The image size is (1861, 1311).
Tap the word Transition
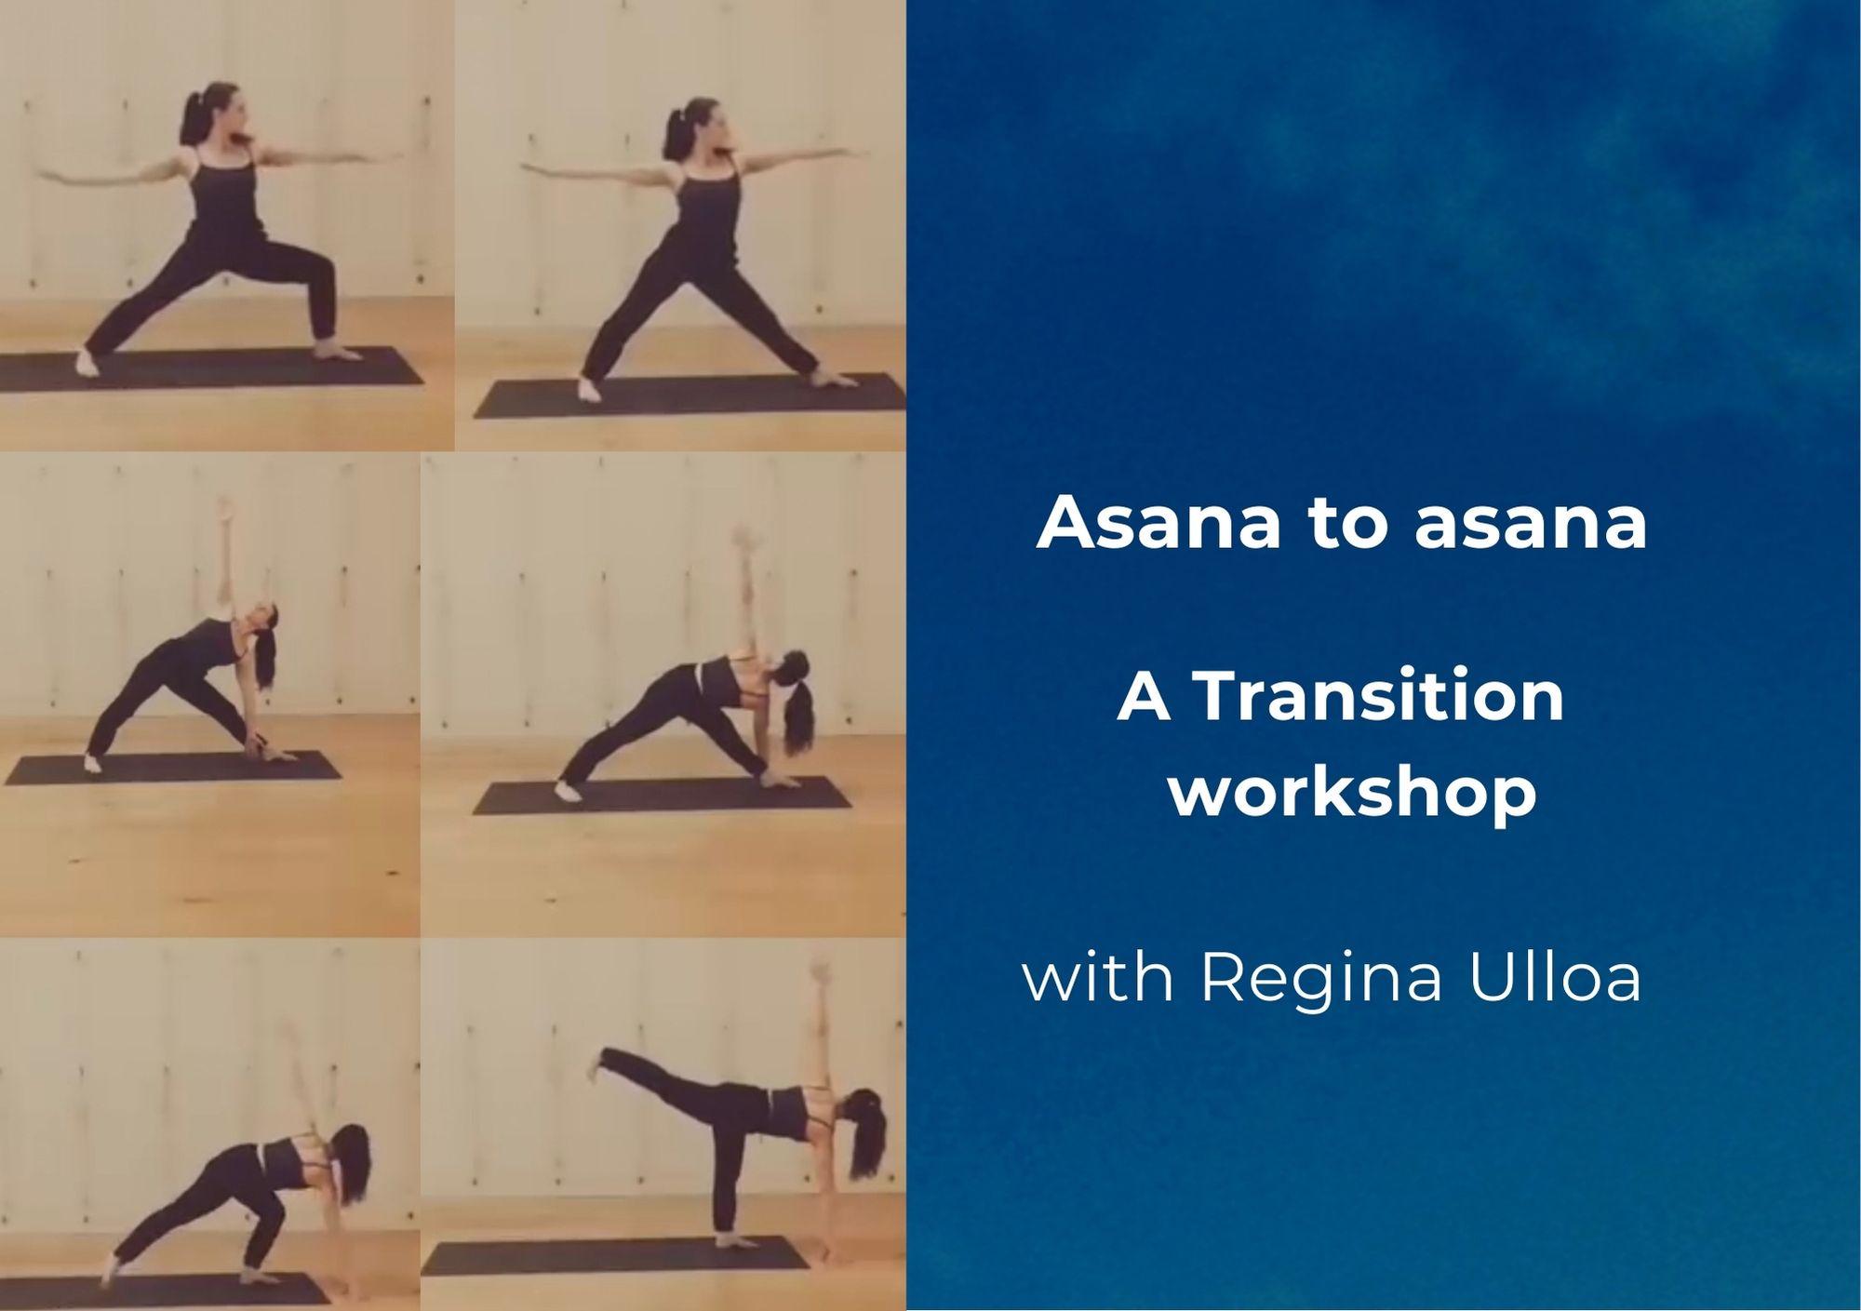(1378, 697)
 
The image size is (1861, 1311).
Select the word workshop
(1353, 793)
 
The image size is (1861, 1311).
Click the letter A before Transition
(1144, 697)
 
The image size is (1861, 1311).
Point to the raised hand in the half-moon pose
(820, 973)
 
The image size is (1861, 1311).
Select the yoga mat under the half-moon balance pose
(614, 1255)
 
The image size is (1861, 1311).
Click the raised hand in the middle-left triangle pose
(223, 510)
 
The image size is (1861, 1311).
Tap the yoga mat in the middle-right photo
(662, 797)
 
